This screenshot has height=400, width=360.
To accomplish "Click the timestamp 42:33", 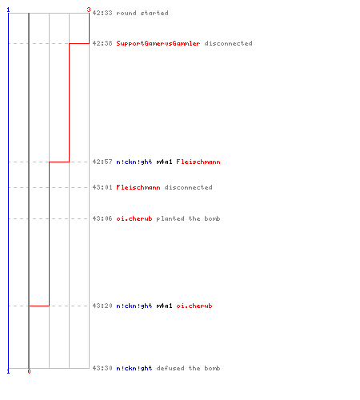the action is [x=102, y=13].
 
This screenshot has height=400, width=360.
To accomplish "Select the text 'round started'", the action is [x=142, y=13].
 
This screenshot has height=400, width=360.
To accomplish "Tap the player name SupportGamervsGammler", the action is [x=158, y=43].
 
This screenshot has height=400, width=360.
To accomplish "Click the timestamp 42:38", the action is [x=102, y=43].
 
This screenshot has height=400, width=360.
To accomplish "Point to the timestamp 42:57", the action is [x=102, y=162].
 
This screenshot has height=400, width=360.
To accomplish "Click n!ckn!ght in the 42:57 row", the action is [x=134, y=162].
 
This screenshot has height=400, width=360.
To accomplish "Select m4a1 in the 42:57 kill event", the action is [x=164, y=162].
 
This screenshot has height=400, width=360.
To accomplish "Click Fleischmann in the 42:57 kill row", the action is [x=198, y=162].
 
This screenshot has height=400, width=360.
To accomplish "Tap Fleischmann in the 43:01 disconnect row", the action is [x=138, y=187].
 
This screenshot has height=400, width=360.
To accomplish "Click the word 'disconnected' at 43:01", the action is [x=188, y=187].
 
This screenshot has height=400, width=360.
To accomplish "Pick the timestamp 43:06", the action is [x=102, y=218].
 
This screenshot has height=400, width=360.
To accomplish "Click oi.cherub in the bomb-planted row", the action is [x=134, y=218].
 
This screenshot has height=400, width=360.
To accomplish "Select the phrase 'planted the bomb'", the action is [x=188, y=218].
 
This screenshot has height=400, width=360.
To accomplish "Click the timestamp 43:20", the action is [x=102, y=306].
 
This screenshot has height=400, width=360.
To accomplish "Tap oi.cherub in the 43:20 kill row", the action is [x=194, y=306].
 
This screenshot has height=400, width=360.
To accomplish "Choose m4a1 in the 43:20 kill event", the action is [x=164, y=306].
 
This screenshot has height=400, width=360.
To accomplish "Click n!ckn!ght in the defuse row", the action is [x=134, y=368].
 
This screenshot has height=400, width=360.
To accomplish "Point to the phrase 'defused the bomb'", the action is [x=188, y=368].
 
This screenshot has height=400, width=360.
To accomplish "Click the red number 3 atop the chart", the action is [x=89, y=10].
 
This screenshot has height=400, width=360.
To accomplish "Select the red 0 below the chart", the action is [x=29, y=371].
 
